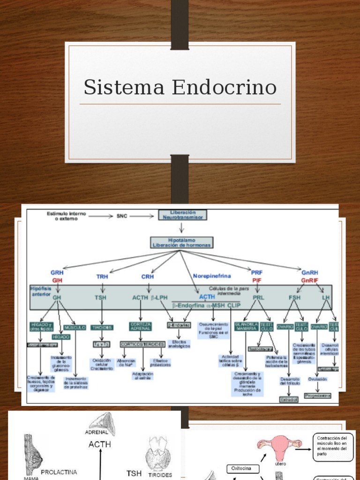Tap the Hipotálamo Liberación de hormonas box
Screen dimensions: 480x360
point(181,242)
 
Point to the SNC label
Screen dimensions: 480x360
point(122,216)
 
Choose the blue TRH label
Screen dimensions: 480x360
point(102,277)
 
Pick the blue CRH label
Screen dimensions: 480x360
point(148,277)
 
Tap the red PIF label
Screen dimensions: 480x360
point(257,280)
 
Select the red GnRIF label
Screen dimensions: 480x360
point(310,280)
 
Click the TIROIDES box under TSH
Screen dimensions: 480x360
point(102,327)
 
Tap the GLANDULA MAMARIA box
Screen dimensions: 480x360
point(246,326)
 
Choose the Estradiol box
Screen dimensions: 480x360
point(289,399)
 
